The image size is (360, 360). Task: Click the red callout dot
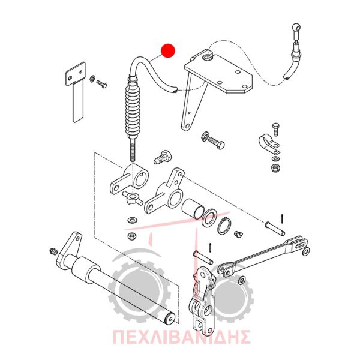[x=168, y=50]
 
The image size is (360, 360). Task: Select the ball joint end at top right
[x=296, y=28]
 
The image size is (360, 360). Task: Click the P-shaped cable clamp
[x=269, y=145]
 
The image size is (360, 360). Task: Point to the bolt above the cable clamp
[x=276, y=130]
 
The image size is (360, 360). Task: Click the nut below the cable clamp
[x=275, y=168]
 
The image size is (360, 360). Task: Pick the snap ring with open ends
[x=224, y=226]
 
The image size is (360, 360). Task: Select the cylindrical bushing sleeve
[x=193, y=208]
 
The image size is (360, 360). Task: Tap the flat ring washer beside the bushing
[x=209, y=217]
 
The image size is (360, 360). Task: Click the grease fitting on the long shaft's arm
[x=53, y=251]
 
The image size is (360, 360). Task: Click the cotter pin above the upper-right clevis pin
[x=282, y=218]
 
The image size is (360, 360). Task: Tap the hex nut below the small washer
[x=131, y=236]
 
